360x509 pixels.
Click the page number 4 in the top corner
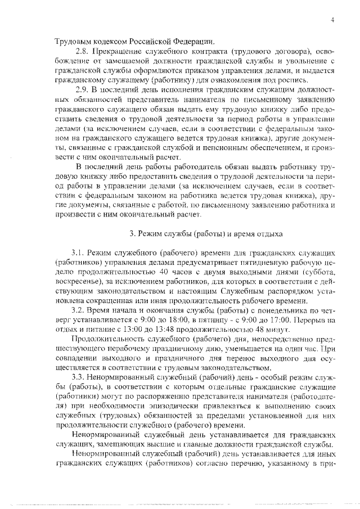[333, 20]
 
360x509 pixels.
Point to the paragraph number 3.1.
[78, 253]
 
